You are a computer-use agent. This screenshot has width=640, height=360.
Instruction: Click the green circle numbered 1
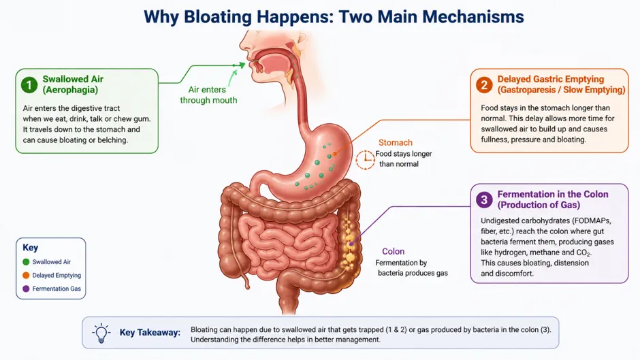pyautogui.click(x=29, y=85)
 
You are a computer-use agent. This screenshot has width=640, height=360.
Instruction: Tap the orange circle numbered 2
pyautogui.click(x=484, y=85)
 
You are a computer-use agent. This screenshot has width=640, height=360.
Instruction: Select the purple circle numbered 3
pyautogui.click(x=484, y=199)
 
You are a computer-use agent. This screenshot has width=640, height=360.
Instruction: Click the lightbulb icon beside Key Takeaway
pyautogui.click(x=101, y=333)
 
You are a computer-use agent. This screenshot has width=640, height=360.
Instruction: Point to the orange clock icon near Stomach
pyautogui.click(x=365, y=160)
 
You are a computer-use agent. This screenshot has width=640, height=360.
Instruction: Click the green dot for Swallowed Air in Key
pyautogui.click(x=26, y=262)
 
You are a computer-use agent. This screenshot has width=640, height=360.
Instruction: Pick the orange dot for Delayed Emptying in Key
pyautogui.click(x=26, y=276)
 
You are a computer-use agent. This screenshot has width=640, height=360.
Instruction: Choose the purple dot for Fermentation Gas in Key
pyautogui.click(x=26, y=289)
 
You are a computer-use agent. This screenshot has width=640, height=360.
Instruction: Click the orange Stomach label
pyautogui.click(x=395, y=142)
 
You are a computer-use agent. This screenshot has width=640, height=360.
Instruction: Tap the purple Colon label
pyautogui.click(x=393, y=251)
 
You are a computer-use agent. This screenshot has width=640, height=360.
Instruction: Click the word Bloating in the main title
pyautogui.click(x=218, y=17)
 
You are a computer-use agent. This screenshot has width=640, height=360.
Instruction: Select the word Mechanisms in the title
pyautogui.click(x=473, y=17)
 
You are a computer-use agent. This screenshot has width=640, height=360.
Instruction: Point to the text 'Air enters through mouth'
pyautogui.click(x=208, y=95)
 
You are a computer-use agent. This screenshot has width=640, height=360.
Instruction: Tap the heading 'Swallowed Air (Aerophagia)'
pyautogui.click(x=73, y=84)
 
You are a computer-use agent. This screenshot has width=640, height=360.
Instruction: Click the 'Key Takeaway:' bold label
pyautogui.click(x=150, y=333)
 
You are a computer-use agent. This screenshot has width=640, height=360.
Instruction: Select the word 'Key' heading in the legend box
pyautogui.click(x=30, y=247)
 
